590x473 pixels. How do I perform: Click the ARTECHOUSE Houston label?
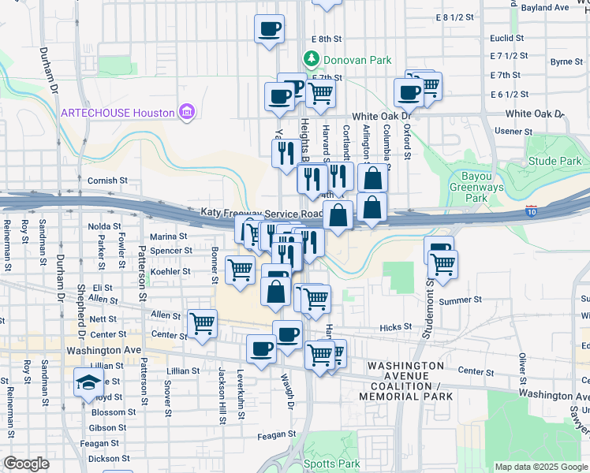118,112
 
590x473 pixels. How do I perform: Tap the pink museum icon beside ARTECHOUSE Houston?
186,112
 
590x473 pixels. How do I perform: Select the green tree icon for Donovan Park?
312,59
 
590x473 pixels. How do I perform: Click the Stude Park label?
555,162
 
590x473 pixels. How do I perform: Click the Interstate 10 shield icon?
532,211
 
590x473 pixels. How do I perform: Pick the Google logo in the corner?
27,464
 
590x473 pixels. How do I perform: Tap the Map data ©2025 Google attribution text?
540,467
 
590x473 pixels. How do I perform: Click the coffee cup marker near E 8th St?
269,30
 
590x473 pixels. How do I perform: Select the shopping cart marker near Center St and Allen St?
203,323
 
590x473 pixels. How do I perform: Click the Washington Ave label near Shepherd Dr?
103,350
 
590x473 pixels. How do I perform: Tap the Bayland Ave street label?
544,8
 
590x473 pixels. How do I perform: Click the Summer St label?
460,300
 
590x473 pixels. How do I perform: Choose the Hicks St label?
395,326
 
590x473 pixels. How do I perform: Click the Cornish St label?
107,181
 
